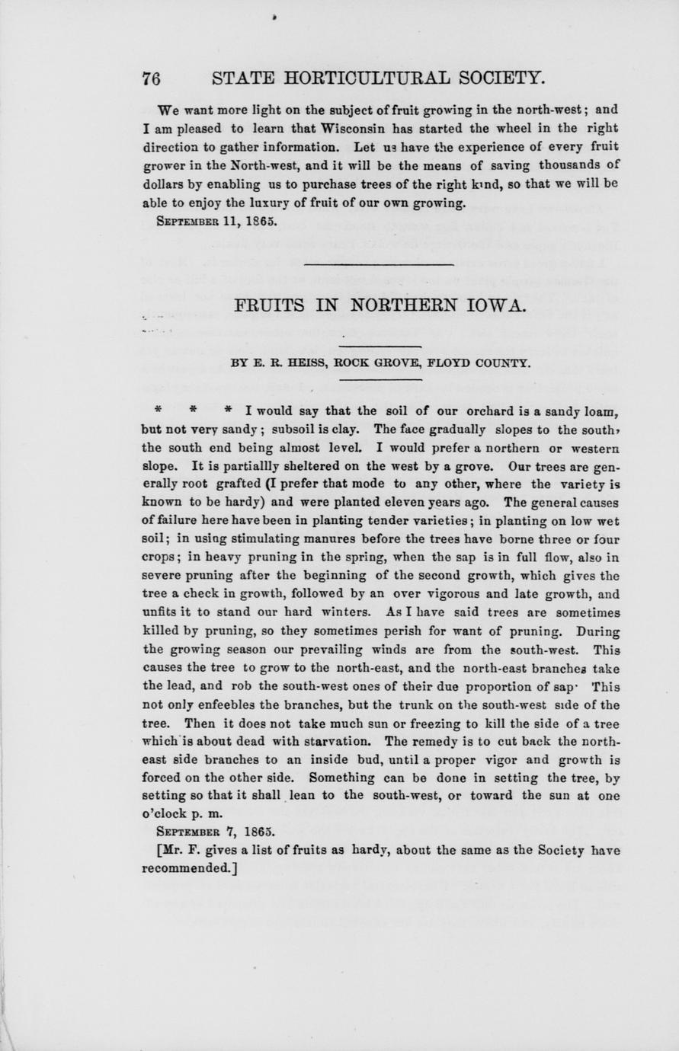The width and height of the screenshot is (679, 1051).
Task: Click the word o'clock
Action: click(x=167, y=813)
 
